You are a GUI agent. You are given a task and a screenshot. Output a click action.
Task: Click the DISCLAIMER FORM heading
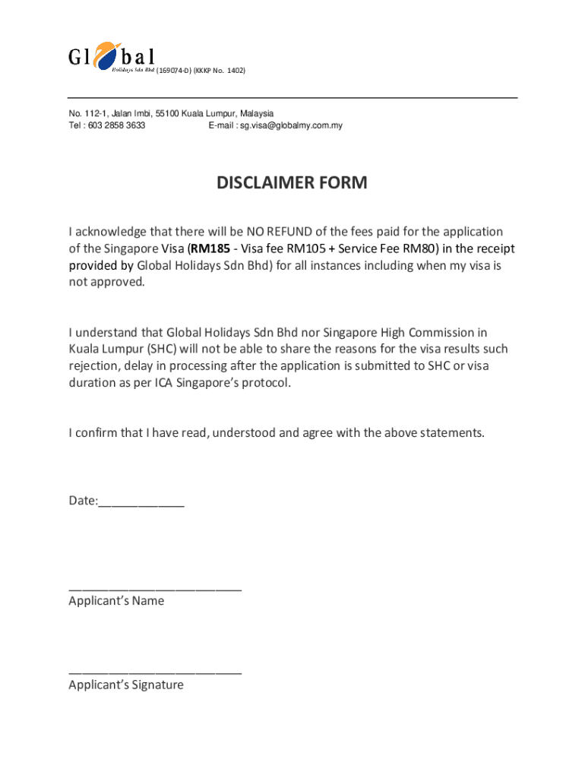tap(292, 183)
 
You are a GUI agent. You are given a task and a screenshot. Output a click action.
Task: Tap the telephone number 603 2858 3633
tap(116, 125)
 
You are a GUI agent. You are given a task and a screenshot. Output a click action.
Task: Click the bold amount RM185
tap(210, 249)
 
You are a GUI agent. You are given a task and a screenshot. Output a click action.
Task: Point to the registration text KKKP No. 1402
tap(220, 71)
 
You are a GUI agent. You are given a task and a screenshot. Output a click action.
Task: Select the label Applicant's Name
tap(116, 601)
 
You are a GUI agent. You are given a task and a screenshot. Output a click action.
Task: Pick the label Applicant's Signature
tap(126, 685)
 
